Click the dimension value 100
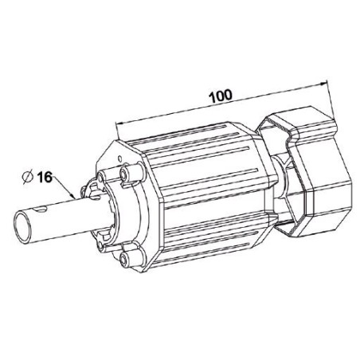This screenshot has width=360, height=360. tap(221, 96)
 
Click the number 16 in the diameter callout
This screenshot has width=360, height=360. tap(45, 177)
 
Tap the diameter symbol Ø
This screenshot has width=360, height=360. tap(28, 178)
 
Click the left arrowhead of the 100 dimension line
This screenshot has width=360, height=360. tap(119, 123)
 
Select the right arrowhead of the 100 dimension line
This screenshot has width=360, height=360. tap(323, 84)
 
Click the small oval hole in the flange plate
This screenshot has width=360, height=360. tap(119, 158)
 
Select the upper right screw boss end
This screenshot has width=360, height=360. tap(124, 174)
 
